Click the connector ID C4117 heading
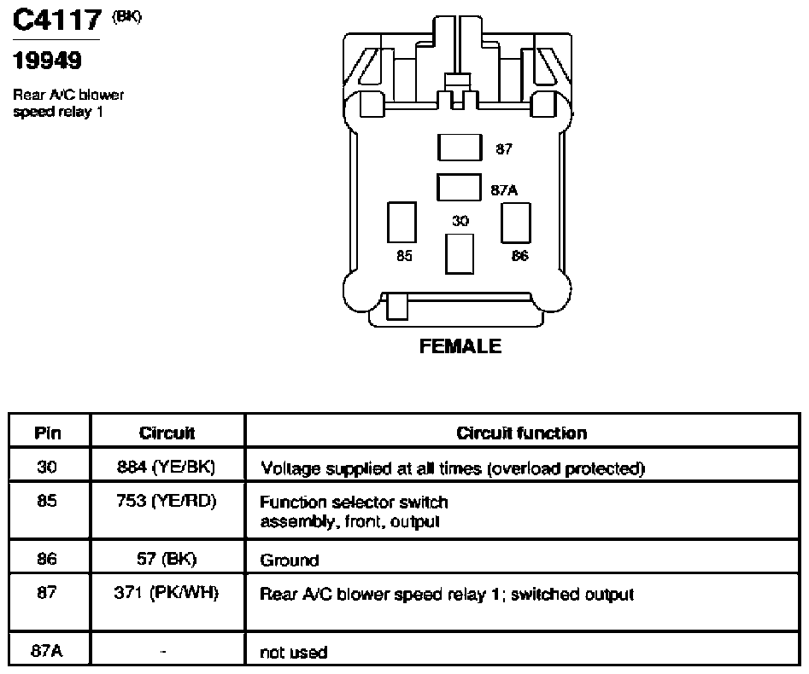coord(56,20)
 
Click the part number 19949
coord(47,61)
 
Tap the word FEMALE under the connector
coord(460,346)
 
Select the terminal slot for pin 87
coord(460,148)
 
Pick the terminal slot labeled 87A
coord(459,187)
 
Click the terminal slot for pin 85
coord(402,222)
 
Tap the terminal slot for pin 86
coord(516,223)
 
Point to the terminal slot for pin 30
coord(460,254)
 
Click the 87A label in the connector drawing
coord(504,190)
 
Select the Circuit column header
coord(167,433)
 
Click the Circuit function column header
coord(522,433)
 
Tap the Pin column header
coord(48,433)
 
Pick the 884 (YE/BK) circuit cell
coord(166,467)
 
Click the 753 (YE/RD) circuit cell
coord(166,500)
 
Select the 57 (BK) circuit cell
coord(167,559)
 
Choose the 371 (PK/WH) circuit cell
coord(166,593)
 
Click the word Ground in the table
coord(290,561)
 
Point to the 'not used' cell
coord(294,653)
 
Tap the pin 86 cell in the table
coord(47,559)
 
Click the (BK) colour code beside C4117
coord(126,16)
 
